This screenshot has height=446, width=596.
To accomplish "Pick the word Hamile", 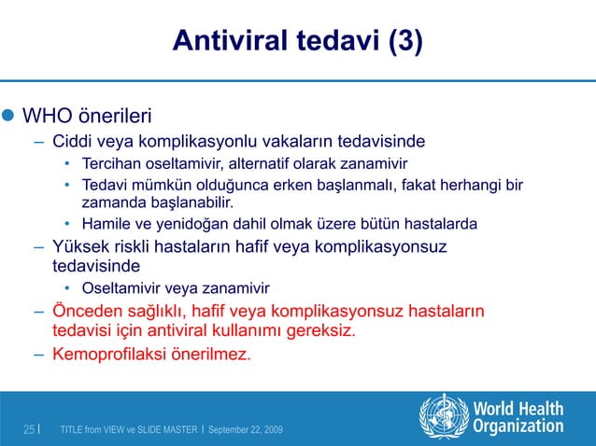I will pyautogui.click(x=107, y=224).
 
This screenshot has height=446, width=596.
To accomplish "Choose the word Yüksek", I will pyautogui.click(x=82, y=246).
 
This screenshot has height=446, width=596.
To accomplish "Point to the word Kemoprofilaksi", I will pyautogui.click(x=109, y=355).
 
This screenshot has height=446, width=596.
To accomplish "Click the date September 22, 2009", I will pyautogui.click(x=246, y=429).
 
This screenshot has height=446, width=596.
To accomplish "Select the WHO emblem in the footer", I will pyautogui.click(x=444, y=416).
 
